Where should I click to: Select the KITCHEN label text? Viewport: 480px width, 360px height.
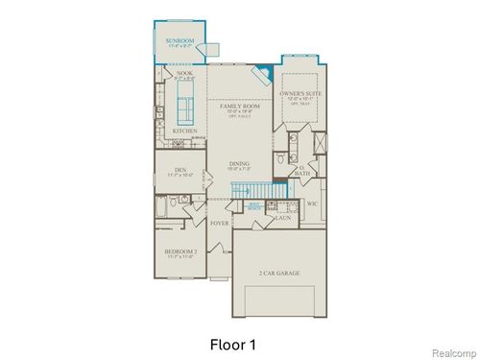[184, 130]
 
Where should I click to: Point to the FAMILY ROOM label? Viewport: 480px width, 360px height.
[237, 107]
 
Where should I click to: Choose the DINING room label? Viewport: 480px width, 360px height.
[237, 165]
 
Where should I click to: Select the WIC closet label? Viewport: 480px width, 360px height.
[312, 204]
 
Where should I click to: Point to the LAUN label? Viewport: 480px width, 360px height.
[282, 218]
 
